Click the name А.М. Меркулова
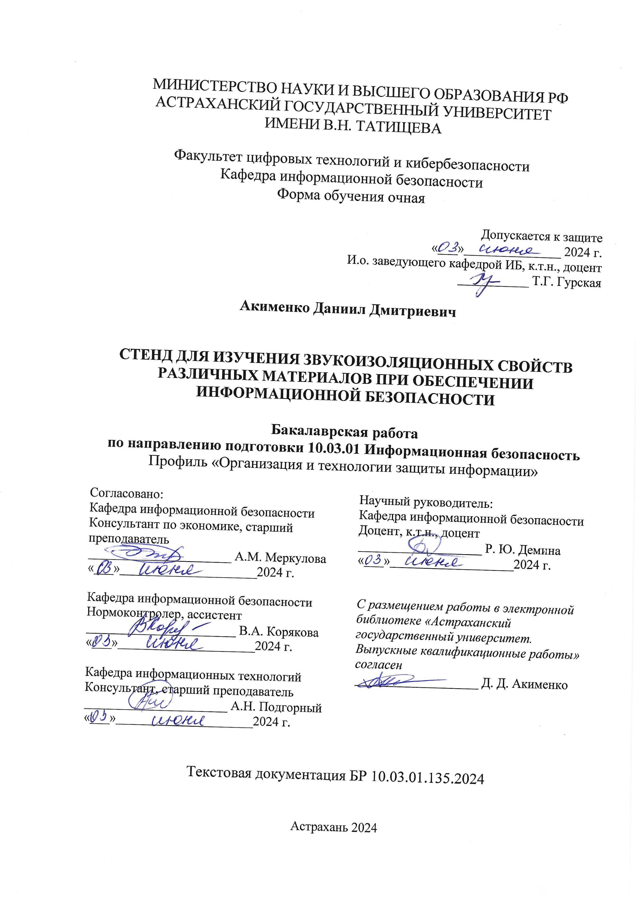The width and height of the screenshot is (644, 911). tap(280, 558)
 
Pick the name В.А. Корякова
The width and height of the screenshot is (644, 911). tap(279, 632)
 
